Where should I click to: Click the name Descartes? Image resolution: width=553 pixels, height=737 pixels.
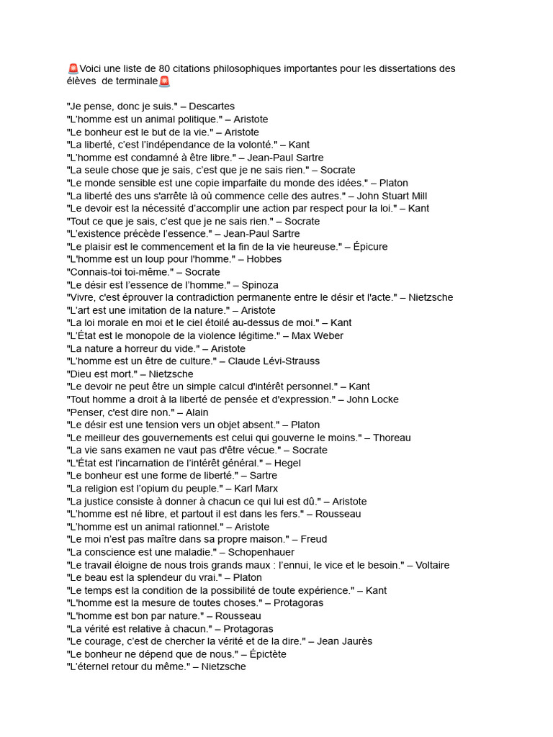pyautogui.click(x=212, y=107)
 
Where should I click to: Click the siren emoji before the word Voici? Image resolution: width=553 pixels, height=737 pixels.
pyautogui.click(x=73, y=69)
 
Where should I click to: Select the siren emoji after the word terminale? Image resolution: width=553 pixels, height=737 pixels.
pyautogui.click(x=164, y=81)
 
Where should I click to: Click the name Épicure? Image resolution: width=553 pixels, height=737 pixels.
pyautogui.click(x=370, y=247)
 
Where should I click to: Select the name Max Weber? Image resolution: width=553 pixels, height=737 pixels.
pyautogui.click(x=318, y=335)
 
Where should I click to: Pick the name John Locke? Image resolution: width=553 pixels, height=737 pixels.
pyautogui.click(x=377, y=399)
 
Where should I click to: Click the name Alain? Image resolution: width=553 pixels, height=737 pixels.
pyautogui.click(x=197, y=412)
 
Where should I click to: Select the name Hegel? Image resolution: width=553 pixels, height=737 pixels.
pyautogui.click(x=287, y=463)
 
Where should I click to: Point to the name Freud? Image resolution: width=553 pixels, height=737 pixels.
pyautogui.click(x=314, y=539)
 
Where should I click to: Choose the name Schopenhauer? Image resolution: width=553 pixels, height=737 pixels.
pyautogui.click(x=261, y=552)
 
